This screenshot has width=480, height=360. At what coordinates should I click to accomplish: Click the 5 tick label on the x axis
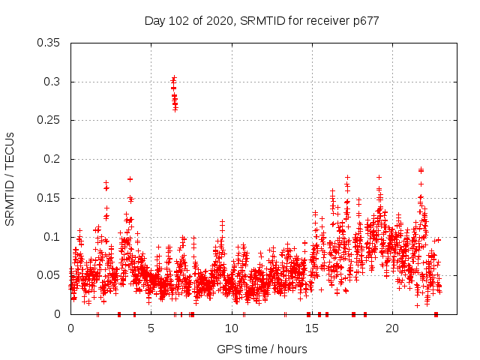[151, 328]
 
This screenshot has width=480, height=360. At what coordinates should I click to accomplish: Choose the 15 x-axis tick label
[311, 328]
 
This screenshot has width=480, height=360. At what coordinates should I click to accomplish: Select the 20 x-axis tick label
[391, 328]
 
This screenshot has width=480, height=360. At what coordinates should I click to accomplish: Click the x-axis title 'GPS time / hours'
[262, 349]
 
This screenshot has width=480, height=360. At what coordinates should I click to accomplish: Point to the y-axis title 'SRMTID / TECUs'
[10, 178]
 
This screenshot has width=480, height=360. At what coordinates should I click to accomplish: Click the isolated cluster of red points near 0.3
[174, 93]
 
